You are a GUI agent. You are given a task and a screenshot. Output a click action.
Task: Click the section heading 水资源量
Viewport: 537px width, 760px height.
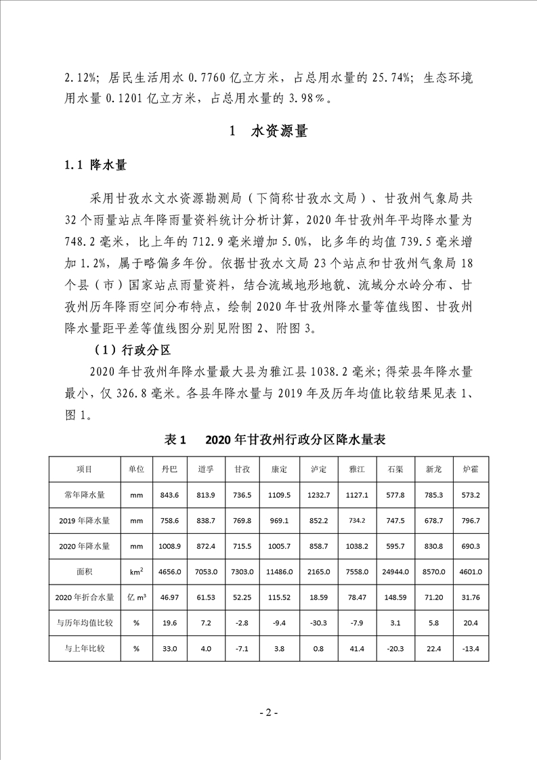pos(278,131)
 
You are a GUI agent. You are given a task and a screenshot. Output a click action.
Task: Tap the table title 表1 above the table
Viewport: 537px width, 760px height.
pos(175,440)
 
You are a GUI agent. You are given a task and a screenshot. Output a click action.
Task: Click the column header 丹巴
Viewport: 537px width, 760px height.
pos(169,469)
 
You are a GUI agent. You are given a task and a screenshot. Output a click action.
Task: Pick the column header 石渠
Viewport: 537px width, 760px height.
pos(395,469)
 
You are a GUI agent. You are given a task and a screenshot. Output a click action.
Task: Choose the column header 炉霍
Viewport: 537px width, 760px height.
pos(470,469)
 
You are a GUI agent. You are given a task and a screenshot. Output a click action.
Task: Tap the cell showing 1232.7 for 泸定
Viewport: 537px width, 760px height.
pos(318,494)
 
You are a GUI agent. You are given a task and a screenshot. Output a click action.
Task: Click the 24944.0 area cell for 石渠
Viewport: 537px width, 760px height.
pos(395,572)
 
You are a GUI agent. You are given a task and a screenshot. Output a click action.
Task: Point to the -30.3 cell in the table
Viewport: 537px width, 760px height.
pos(318,623)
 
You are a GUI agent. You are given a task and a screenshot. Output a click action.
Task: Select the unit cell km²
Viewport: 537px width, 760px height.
pos(135,572)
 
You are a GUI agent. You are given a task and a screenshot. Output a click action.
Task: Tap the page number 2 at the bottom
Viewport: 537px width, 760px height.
pos(268,713)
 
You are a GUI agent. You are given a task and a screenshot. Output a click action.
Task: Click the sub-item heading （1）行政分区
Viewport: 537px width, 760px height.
pos(131,351)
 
